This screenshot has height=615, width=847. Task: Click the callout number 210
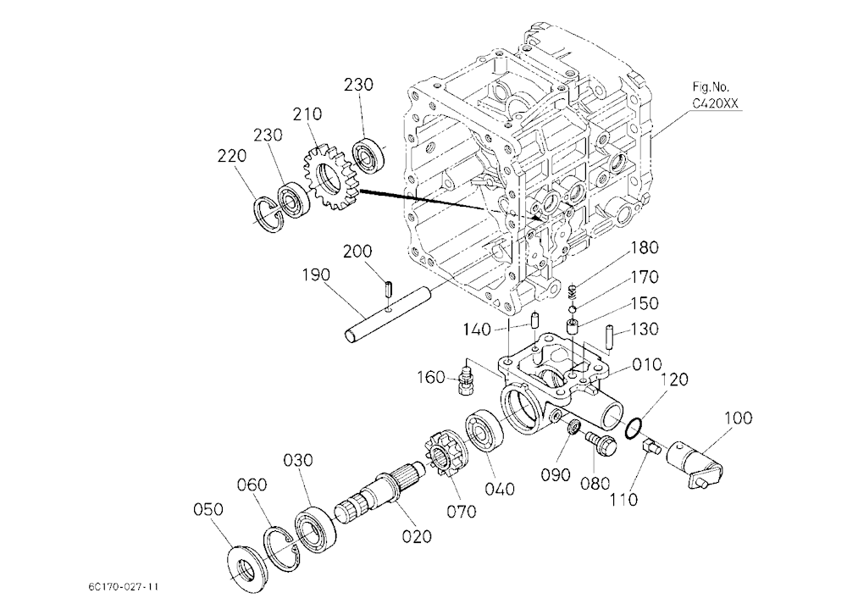coord(307,114)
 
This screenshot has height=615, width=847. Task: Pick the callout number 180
coord(645,247)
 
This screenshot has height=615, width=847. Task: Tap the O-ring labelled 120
coord(634,427)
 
